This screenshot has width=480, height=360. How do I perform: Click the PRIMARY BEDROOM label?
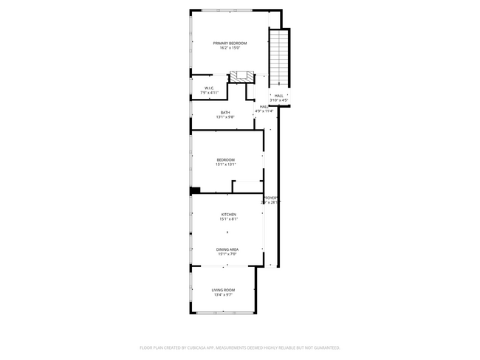coord(230,44)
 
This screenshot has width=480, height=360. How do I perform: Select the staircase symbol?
coord(278,59)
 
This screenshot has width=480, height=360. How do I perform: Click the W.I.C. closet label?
coord(209,88)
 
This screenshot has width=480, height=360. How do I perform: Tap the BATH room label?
coord(224,112)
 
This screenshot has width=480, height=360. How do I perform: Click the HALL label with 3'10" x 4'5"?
coord(279,95)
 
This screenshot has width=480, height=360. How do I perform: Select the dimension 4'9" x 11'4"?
coord(264,111)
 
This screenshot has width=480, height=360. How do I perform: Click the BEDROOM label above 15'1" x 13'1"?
coord(225,159)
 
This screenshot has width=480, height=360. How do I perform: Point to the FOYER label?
coord(271,198)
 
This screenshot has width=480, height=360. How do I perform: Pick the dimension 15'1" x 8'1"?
coord(228,219)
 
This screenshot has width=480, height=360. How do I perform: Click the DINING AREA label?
coord(227,249)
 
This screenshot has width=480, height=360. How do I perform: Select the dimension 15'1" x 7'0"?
coord(227,255)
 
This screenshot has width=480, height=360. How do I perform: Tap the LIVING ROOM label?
coord(222,290)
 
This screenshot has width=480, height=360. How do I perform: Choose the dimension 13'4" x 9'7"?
coord(222,296)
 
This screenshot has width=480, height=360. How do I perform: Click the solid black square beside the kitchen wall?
coord(195,190)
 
